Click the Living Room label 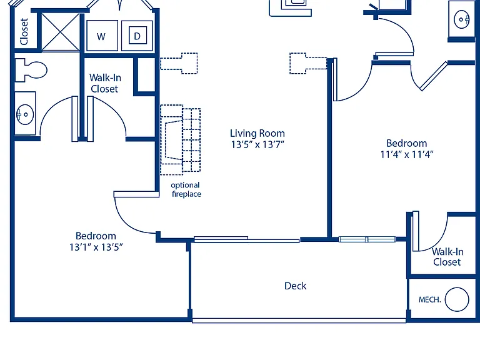(257, 134)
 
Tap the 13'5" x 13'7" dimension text (257, 144)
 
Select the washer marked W (102, 36)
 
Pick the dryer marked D (137, 36)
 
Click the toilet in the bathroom (30, 70)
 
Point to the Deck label (295, 286)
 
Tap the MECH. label (429, 300)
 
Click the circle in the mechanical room (457, 299)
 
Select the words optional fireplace (186, 189)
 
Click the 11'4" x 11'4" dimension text (407, 154)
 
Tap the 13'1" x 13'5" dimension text (96, 247)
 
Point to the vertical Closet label (24, 31)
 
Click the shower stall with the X (60, 32)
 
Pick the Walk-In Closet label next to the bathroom (105, 83)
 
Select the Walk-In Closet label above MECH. (447, 257)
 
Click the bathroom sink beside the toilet (25, 114)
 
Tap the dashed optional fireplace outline (180, 140)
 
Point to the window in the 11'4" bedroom (367, 239)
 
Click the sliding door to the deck (247, 239)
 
